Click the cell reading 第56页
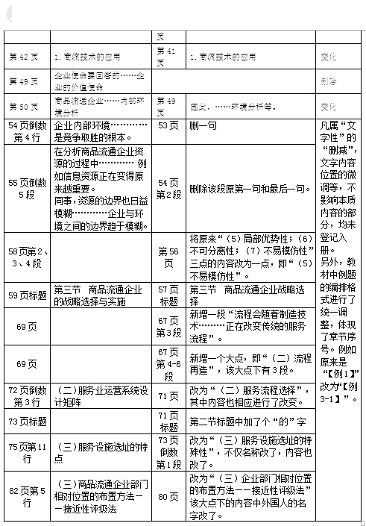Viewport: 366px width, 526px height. click(169, 257)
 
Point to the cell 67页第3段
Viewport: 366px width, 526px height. click(169, 327)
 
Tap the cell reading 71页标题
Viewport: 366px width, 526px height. click(169, 422)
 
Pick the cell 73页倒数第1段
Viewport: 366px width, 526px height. click(169, 452)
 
